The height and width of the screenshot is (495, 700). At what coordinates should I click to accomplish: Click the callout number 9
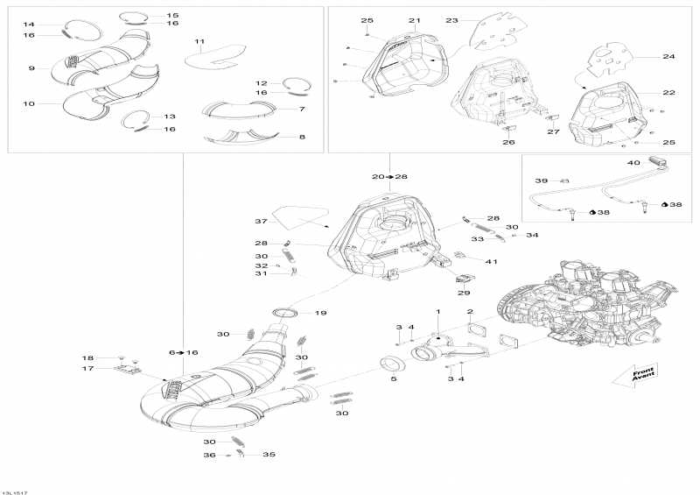tap(31, 68)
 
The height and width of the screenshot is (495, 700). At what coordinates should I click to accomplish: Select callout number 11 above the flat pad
tap(199, 41)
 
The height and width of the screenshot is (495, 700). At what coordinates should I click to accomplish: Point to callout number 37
tap(261, 222)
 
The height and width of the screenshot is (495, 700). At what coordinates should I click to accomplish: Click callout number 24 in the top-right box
tap(668, 56)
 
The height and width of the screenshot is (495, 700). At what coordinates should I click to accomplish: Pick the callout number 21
tap(414, 20)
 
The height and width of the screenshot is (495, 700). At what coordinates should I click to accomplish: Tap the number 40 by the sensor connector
tap(633, 163)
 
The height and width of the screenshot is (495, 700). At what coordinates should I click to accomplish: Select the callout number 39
tap(541, 180)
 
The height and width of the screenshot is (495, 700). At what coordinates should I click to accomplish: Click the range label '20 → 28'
tap(389, 177)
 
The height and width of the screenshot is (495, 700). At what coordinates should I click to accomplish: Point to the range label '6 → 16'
tap(183, 352)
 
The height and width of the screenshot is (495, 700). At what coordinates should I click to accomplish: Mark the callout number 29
tap(464, 293)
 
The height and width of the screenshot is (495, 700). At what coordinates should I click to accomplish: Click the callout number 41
tap(491, 261)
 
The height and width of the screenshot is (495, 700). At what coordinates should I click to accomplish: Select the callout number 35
tap(269, 455)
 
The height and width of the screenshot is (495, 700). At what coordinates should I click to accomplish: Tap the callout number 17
tap(88, 369)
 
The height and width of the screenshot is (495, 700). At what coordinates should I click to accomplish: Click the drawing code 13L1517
tap(15, 492)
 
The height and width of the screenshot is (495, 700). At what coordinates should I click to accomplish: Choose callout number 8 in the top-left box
tap(302, 137)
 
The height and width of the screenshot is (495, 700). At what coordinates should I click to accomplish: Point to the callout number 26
tap(508, 142)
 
